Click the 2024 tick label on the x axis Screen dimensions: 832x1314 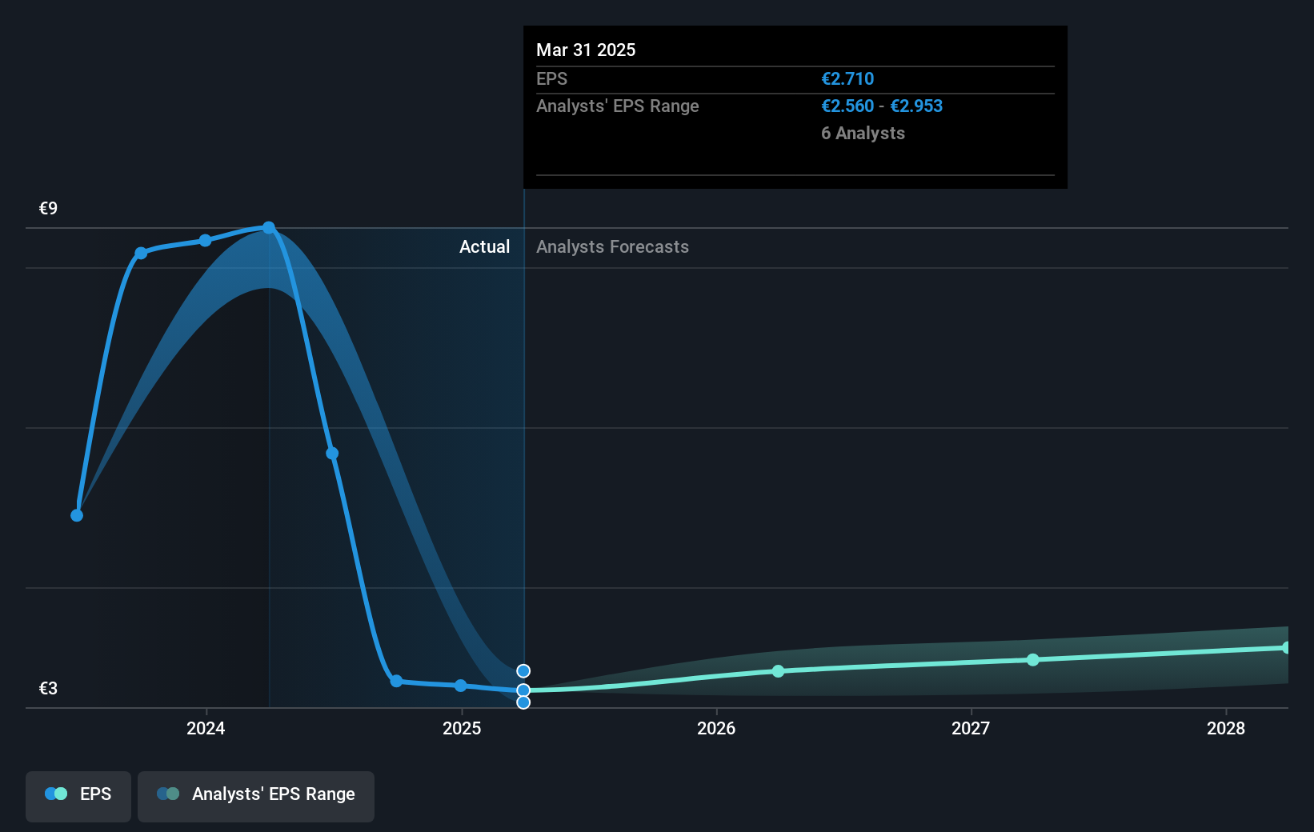[x=206, y=728]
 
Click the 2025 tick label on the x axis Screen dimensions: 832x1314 [x=462, y=728]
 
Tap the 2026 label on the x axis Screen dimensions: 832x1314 [x=716, y=728]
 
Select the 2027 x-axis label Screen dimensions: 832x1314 [x=971, y=728]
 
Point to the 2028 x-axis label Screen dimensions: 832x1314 [x=1225, y=728]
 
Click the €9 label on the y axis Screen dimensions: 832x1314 [x=48, y=209]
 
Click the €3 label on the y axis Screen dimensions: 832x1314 [x=48, y=689]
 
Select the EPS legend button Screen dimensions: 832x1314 [x=78, y=794]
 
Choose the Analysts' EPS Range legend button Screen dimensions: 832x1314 [x=256, y=794]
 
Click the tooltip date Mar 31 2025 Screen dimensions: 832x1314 [x=586, y=50]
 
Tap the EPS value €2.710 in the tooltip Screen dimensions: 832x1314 [x=847, y=79]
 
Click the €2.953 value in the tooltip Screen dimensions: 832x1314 [x=916, y=106]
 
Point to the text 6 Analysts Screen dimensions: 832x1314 [x=863, y=134]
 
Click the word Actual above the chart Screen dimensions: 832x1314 [x=484, y=247]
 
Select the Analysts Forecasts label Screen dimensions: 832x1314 [x=612, y=247]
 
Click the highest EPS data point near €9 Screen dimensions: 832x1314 [x=269, y=228]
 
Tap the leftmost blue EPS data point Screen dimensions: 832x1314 [x=77, y=515]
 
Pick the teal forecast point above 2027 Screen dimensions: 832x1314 [x=1033, y=660]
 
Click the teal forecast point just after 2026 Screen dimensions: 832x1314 [x=779, y=671]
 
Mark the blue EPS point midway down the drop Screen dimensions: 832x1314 [x=332, y=454]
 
